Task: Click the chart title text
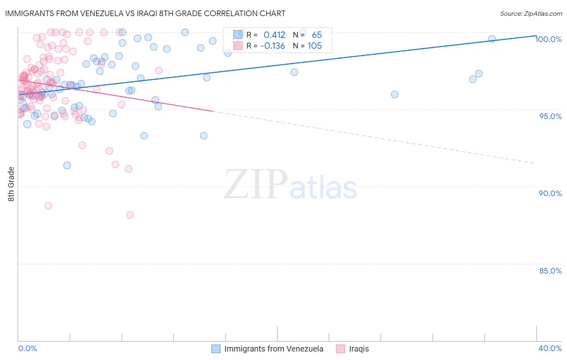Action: [x=145, y=13]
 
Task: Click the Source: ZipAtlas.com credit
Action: [x=531, y=13]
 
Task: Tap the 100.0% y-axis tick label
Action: [x=548, y=39]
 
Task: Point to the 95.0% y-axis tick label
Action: [x=550, y=116]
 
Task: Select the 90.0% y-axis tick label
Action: [x=550, y=193]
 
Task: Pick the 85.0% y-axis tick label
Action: [x=550, y=271]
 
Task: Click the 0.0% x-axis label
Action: [x=27, y=348]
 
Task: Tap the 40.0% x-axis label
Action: [x=550, y=348]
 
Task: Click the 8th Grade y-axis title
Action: [x=11, y=184]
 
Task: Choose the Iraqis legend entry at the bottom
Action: [x=359, y=349]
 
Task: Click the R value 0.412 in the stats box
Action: [x=274, y=35]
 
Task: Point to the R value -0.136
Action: [x=273, y=46]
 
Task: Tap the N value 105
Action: [x=315, y=46]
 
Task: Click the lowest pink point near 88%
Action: [x=130, y=215]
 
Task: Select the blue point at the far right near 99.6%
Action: [x=492, y=39]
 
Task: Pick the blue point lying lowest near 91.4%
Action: [x=67, y=165]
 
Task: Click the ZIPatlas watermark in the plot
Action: [x=290, y=184]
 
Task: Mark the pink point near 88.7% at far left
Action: [x=48, y=206]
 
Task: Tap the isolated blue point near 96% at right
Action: [x=394, y=94]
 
